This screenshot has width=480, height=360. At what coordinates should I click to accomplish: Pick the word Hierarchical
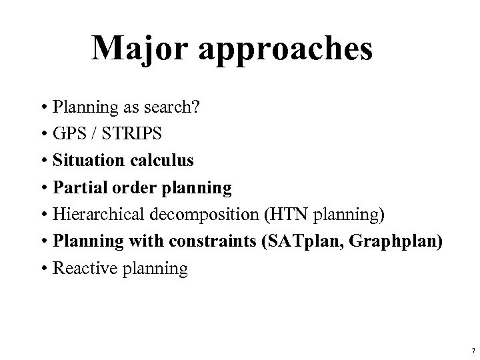pyautogui.click(x=95, y=215)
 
